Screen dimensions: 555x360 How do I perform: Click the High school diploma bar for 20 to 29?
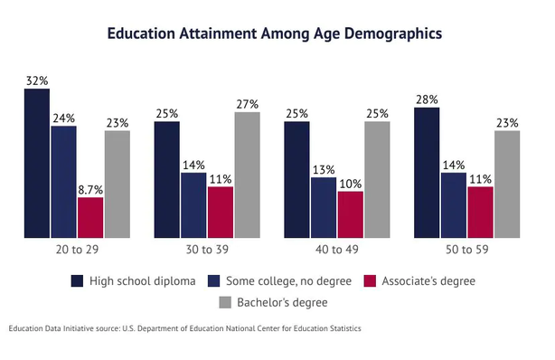(37, 163)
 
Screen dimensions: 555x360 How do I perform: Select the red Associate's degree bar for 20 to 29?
(90, 218)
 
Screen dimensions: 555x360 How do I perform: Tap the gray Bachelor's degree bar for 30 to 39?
(247, 175)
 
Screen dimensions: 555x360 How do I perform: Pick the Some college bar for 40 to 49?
(324, 208)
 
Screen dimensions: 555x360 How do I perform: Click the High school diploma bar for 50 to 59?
(427, 173)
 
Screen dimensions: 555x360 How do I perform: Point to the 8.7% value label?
(90, 190)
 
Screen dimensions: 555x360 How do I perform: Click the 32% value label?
(37, 81)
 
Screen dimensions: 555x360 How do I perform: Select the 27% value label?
(248, 104)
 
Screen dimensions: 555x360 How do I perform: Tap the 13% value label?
(324, 170)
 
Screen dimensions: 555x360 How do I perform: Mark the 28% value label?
(427, 99)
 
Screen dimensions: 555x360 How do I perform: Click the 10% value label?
(351, 184)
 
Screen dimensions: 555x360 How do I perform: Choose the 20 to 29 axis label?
(77, 250)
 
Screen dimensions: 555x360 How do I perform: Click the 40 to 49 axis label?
(337, 250)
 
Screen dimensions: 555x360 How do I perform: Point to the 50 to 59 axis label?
(466, 250)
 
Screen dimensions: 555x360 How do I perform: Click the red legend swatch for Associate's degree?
(370, 281)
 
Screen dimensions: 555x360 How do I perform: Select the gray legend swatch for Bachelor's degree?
(225, 302)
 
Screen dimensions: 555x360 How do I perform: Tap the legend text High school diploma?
(142, 281)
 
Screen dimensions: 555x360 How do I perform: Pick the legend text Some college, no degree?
(289, 281)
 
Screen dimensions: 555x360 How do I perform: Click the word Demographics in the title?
(393, 33)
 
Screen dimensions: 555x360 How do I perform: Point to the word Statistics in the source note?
(345, 328)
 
